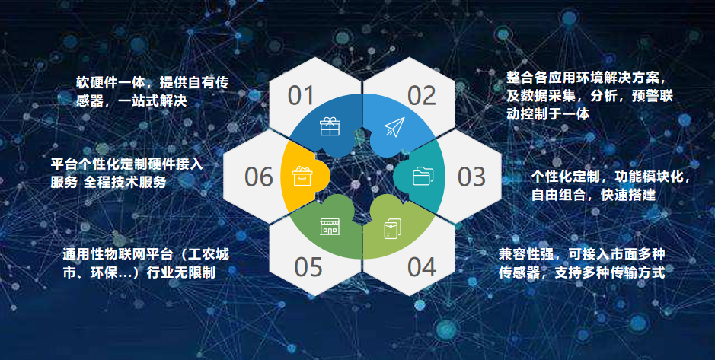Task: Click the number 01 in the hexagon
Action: pyautogui.click(x=302, y=96)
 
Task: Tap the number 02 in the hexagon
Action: pyautogui.click(x=422, y=96)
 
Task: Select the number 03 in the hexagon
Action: pyautogui.click(x=472, y=177)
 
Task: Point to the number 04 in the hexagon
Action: pyautogui.click(x=422, y=267)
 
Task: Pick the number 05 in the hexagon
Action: pyautogui.click(x=308, y=267)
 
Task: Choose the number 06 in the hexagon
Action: pyautogui.click(x=259, y=177)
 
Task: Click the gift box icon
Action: pyautogui.click(x=330, y=126)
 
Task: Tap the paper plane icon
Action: pyautogui.click(x=394, y=126)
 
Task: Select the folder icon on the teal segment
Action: pyautogui.click(x=423, y=176)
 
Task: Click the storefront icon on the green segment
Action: pyautogui.click(x=330, y=227)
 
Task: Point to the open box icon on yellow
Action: pyautogui.click(x=301, y=176)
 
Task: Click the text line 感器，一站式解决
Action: pyautogui.click(x=131, y=100)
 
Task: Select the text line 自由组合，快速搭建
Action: pyautogui.click(x=594, y=195)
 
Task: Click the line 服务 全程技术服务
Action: pyautogui.click(x=109, y=182)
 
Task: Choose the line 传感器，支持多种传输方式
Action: pyautogui.click(x=582, y=272)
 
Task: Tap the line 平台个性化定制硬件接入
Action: pyautogui.click(x=126, y=164)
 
